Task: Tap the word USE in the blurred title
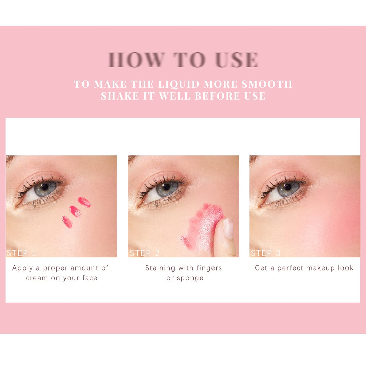(237, 60)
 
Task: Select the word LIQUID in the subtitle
(179, 84)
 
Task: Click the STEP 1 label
(21, 253)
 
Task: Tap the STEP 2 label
(144, 253)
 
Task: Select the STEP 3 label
(265, 253)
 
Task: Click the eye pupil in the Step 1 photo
(45, 187)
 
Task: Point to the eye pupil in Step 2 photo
(166, 187)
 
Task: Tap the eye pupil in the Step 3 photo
(288, 187)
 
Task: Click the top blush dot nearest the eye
(84, 202)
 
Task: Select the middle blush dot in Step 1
(75, 211)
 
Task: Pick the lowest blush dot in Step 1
(67, 222)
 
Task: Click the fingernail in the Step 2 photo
(229, 228)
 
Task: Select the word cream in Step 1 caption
(37, 278)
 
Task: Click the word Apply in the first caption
(23, 268)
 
